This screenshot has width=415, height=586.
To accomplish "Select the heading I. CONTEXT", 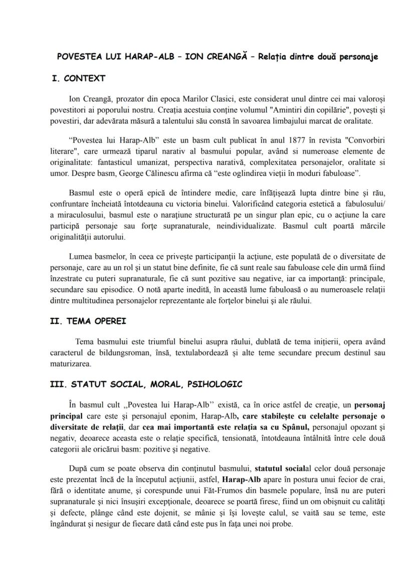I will pos(79,78).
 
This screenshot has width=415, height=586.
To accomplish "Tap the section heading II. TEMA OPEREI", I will pos(91,321).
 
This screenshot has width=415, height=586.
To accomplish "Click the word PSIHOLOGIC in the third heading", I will pos(216,384).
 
